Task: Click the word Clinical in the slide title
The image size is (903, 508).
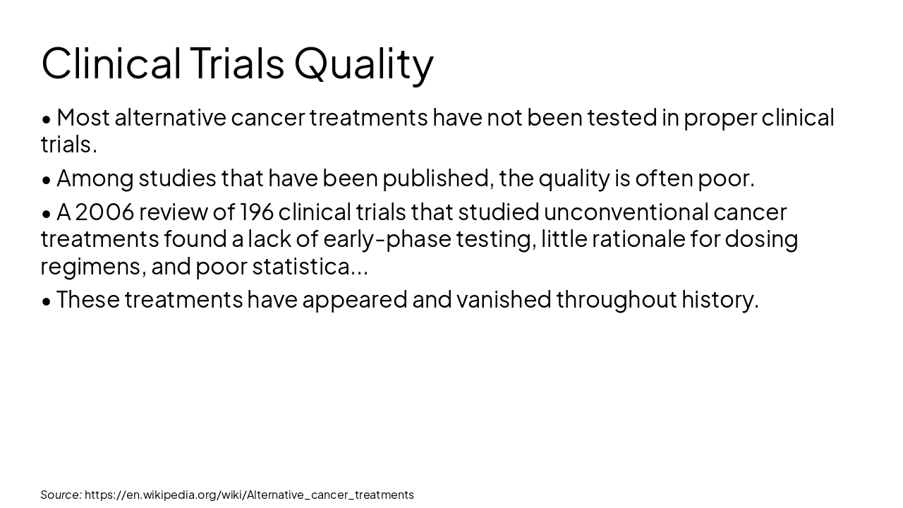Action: click(x=111, y=64)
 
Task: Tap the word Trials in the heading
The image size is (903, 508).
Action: click(x=236, y=64)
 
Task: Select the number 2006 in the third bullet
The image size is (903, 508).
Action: click(x=104, y=212)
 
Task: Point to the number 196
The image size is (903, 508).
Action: click(x=257, y=212)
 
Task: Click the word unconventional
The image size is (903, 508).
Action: click(x=626, y=212)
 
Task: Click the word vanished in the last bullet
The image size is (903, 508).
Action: click(x=504, y=300)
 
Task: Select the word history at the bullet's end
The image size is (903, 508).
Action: click(x=719, y=300)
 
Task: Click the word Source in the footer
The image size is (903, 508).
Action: click(x=61, y=495)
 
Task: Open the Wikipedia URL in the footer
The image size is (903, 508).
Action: click(x=249, y=495)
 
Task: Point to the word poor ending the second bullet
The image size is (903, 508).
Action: click(x=725, y=179)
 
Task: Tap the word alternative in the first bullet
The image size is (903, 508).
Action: click(x=170, y=118)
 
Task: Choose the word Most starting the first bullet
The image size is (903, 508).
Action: click(x=83, y=118)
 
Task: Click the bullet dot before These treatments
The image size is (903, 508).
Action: click(x=47, y=301)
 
